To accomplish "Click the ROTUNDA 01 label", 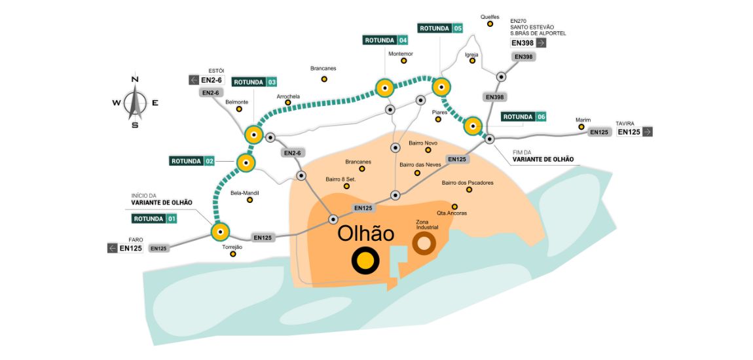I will (x=154, y=219).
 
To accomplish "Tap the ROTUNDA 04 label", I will (x=386, y=40).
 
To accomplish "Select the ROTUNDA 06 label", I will (x=523, y=117).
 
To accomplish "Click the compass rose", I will (x=136, y=102).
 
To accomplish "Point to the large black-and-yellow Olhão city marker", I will (x=365, y=261).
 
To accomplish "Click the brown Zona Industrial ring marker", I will (x=424, y=243).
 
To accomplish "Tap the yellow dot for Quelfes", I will (x=490, y=24).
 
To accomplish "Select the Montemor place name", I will (x=401, y=54).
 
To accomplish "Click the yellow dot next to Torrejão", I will (x=233, y=254).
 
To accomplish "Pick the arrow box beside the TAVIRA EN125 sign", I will (x=648, y=132).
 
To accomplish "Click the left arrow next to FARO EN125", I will (x=113, y=248).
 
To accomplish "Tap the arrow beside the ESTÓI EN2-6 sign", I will (x=194, y=80).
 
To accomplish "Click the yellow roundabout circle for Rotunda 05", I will (x=441, y=86).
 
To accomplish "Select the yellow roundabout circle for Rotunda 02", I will (x=246, y=162).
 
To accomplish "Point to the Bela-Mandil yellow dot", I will (x=249, y=200).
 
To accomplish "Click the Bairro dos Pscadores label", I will (x=468, y=183).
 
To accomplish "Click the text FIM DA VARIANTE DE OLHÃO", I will (x=543, y=156).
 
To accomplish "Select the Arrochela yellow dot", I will (x=287, y=103).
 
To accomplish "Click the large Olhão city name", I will (x=365, y=233).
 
